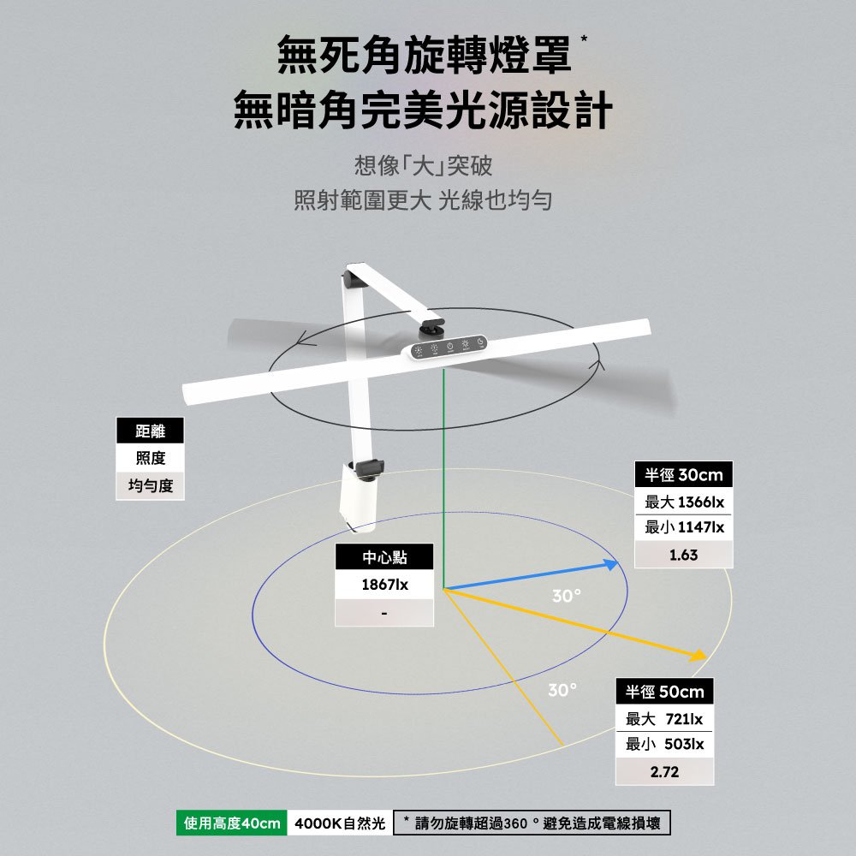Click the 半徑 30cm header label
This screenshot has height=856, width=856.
(683, 475)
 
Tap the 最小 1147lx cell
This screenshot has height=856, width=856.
(683, 528)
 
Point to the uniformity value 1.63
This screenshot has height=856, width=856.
(683, 556)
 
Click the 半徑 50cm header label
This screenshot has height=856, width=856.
(664, 692)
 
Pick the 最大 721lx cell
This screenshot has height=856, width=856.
(664, 718)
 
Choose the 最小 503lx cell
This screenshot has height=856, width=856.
(664, 745)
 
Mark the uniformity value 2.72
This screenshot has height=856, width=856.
(664, 772)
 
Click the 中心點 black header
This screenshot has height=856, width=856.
(384, 558)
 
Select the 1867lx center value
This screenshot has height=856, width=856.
(384, 586)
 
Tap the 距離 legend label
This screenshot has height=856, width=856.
(150, 432)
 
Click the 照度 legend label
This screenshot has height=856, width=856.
(150, 459)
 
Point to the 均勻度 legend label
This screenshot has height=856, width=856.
(150, 486)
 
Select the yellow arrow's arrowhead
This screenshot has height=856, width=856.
(699, 656)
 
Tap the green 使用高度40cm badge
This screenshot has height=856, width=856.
(232, 823)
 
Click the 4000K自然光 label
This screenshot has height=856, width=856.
(340, 823)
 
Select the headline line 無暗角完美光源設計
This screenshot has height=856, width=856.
(423, 111)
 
